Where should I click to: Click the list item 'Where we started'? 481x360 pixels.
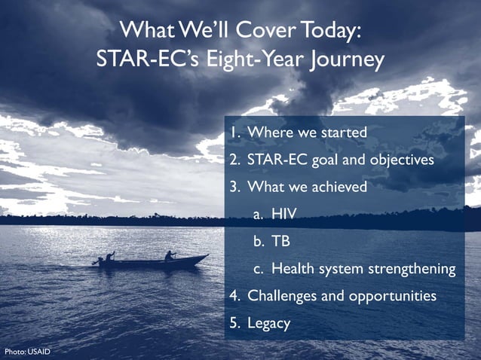pyautogui.click(x=307, y=133)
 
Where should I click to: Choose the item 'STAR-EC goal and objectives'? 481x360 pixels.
pyautogui.click(x=341, y=160)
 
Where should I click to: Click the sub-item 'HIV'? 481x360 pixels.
pyautogui.click(x=284, y=215)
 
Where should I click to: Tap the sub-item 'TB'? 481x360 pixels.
pyautogui.click(x=280, y=242)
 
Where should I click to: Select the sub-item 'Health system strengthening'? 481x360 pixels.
pyautogui.click(x=363, y=269)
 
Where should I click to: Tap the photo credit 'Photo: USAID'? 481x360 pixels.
pyautogui.click(x=27, y=352)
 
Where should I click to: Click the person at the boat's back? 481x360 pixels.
pyautogui.click(x=110, y=257)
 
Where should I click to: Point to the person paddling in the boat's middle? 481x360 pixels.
pyautogui.click(x=170, y=255)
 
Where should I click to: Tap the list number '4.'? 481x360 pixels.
pyautogui.click(x=235, y=296)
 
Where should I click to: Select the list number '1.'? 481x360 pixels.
pyautogui.click(x=235, y=133)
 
